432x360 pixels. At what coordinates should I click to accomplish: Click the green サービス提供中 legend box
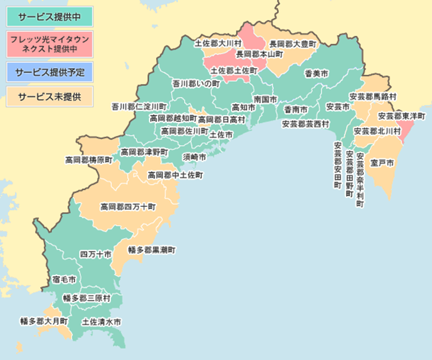click(50, 17)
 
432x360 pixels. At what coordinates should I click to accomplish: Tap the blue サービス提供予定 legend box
click(50, 72)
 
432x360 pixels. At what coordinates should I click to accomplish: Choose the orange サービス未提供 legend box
click(50, 97)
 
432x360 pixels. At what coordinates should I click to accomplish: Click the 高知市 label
click(243, 107)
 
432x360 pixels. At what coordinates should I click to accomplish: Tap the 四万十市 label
click(95, 254)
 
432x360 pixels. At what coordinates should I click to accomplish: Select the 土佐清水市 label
click(102, 322)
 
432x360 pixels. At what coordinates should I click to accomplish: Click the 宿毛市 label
click(64, 279)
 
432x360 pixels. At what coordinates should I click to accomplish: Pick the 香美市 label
click(316, 73)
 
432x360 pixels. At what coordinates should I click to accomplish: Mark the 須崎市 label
click(194, 157)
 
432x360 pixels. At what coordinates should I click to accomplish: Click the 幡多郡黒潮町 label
click(152, 250)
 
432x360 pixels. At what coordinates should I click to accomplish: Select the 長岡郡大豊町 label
click(293, 44)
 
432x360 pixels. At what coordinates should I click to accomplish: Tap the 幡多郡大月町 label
click(44, 320)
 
